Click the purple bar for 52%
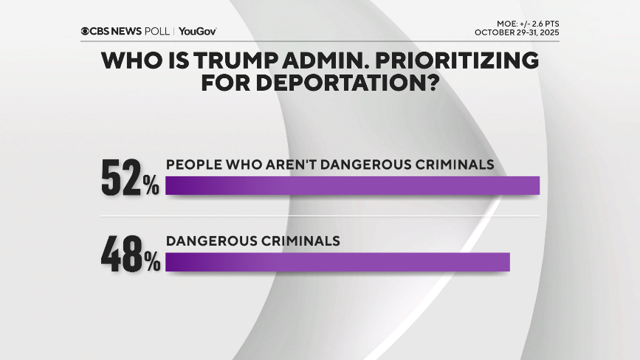point(353,185)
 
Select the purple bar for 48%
point(338,262)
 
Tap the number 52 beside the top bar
point(120,179)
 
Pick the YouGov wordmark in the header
point(197,31)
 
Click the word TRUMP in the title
point(215,61)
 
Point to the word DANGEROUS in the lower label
point(213,240)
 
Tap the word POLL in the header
point(158,31)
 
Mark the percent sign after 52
point(151,187)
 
